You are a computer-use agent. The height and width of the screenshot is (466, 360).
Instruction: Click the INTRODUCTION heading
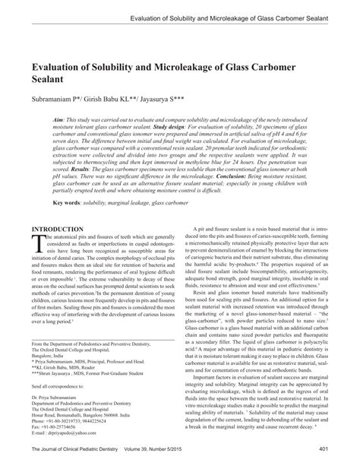57,250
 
